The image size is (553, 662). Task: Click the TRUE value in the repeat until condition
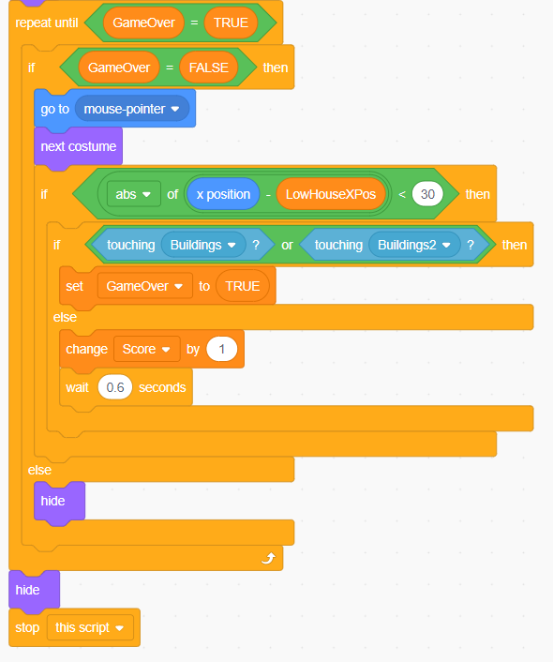tap(231, 23)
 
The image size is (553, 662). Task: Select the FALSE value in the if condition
tap(208, 68)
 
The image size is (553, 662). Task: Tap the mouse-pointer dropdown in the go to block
tap(132, 109)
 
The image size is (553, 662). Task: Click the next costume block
tap(78, 146)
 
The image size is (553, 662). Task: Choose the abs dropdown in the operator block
tap(134, 194)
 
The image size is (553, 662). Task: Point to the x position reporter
tap(223, 194)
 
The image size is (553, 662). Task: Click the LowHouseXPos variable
tap(331, 194)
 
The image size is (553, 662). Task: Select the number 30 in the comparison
tap(427, 194)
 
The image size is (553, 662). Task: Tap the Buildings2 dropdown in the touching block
tap(413, 245)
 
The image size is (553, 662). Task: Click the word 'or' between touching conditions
tap(287, 245)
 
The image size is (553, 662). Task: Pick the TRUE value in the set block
tap(243, 286)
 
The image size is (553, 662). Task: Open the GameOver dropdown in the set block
tap(144, 286)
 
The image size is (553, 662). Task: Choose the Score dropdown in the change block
tap(146, 349)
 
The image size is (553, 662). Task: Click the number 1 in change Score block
tap(221, 349)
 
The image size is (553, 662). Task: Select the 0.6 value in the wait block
tap(115, 387)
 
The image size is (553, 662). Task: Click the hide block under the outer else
tap(59, 501)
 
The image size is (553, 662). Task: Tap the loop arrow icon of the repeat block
tap(268, 558)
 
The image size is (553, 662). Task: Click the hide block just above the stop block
tap(34, 590)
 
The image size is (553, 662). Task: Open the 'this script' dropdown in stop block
tap(90, 628)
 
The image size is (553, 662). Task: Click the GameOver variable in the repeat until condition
tap(143, 23)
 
